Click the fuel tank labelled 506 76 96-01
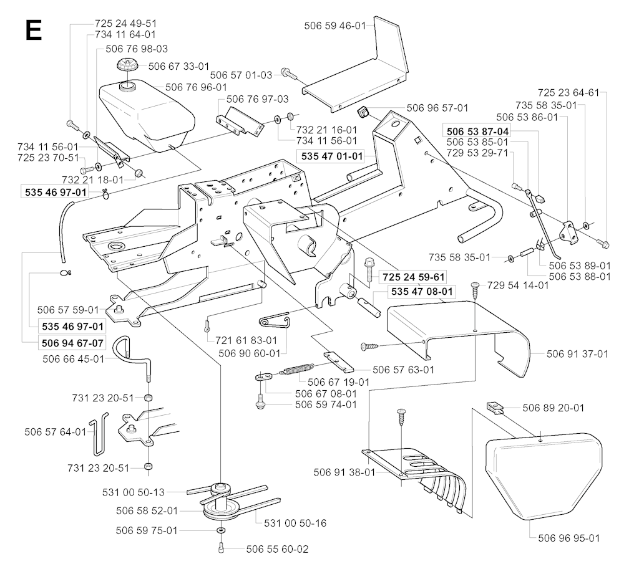coord(147,112)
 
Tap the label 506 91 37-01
coord(577,354)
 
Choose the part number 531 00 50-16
coord(295,523)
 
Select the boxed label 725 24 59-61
coord(414,276)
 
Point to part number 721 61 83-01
coord(246,340)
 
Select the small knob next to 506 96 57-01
coord(363,113)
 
